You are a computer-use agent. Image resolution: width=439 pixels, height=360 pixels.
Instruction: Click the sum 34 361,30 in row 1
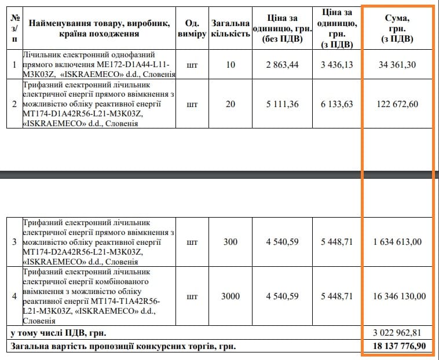click(x=397, y=65)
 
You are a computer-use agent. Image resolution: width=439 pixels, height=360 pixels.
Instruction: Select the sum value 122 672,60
click(x=397, y=104)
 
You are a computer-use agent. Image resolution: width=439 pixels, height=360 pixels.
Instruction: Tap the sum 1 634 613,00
click(x=397, y=242)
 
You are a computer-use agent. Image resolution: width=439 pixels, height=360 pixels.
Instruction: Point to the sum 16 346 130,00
click(x=397, y=296)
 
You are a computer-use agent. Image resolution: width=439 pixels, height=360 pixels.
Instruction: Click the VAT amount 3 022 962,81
click(x=397, y=333)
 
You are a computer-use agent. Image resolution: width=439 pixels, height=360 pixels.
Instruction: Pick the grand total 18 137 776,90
click(x=397, y=347)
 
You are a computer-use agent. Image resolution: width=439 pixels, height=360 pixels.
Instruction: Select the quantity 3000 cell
click(x=230, y=296)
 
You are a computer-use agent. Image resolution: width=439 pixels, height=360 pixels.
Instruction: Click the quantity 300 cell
click(x=230, y=242)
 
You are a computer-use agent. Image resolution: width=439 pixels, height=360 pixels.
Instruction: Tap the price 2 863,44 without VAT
click(x=283, y=65)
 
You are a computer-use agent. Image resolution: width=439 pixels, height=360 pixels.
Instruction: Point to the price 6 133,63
click(x=336, y=104)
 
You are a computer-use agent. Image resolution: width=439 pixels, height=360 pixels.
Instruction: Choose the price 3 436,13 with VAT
click(x=336, y=65)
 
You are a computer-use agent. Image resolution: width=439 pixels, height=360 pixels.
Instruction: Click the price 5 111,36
click(x=283, y=104)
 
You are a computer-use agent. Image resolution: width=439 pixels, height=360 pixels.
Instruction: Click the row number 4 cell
click(x=14, y=296)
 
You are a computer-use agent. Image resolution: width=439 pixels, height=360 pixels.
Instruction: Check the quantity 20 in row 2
click(x=230, y=104)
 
